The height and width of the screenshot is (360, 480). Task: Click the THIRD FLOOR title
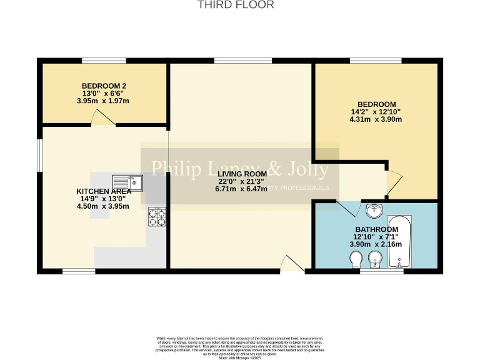[236, 5]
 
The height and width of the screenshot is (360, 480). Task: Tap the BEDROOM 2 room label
[104, 86]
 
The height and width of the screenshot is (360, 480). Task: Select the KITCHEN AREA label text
[103, 191]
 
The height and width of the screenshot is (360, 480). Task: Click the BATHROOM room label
[376, 230]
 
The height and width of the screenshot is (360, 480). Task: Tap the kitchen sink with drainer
[128, 183]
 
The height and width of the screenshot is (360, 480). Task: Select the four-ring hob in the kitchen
[157, 217]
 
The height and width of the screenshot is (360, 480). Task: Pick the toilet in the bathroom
[356, 259]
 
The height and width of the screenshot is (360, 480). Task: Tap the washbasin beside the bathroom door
[375, 209]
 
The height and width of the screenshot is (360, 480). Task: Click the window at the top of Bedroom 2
[104, 61]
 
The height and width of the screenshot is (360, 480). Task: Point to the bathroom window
[381, 271]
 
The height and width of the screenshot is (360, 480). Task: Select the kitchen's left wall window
[39, 154]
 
